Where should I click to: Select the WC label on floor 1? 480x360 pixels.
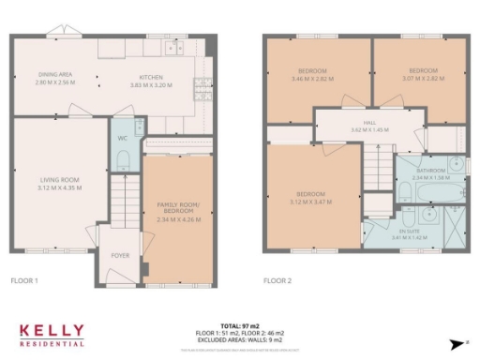click(x=123, y=138)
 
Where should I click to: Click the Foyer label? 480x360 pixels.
click(x=121, y=254)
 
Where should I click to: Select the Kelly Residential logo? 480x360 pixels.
click(x=52, y=335)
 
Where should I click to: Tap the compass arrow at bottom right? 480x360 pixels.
click(x=457, y=343)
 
